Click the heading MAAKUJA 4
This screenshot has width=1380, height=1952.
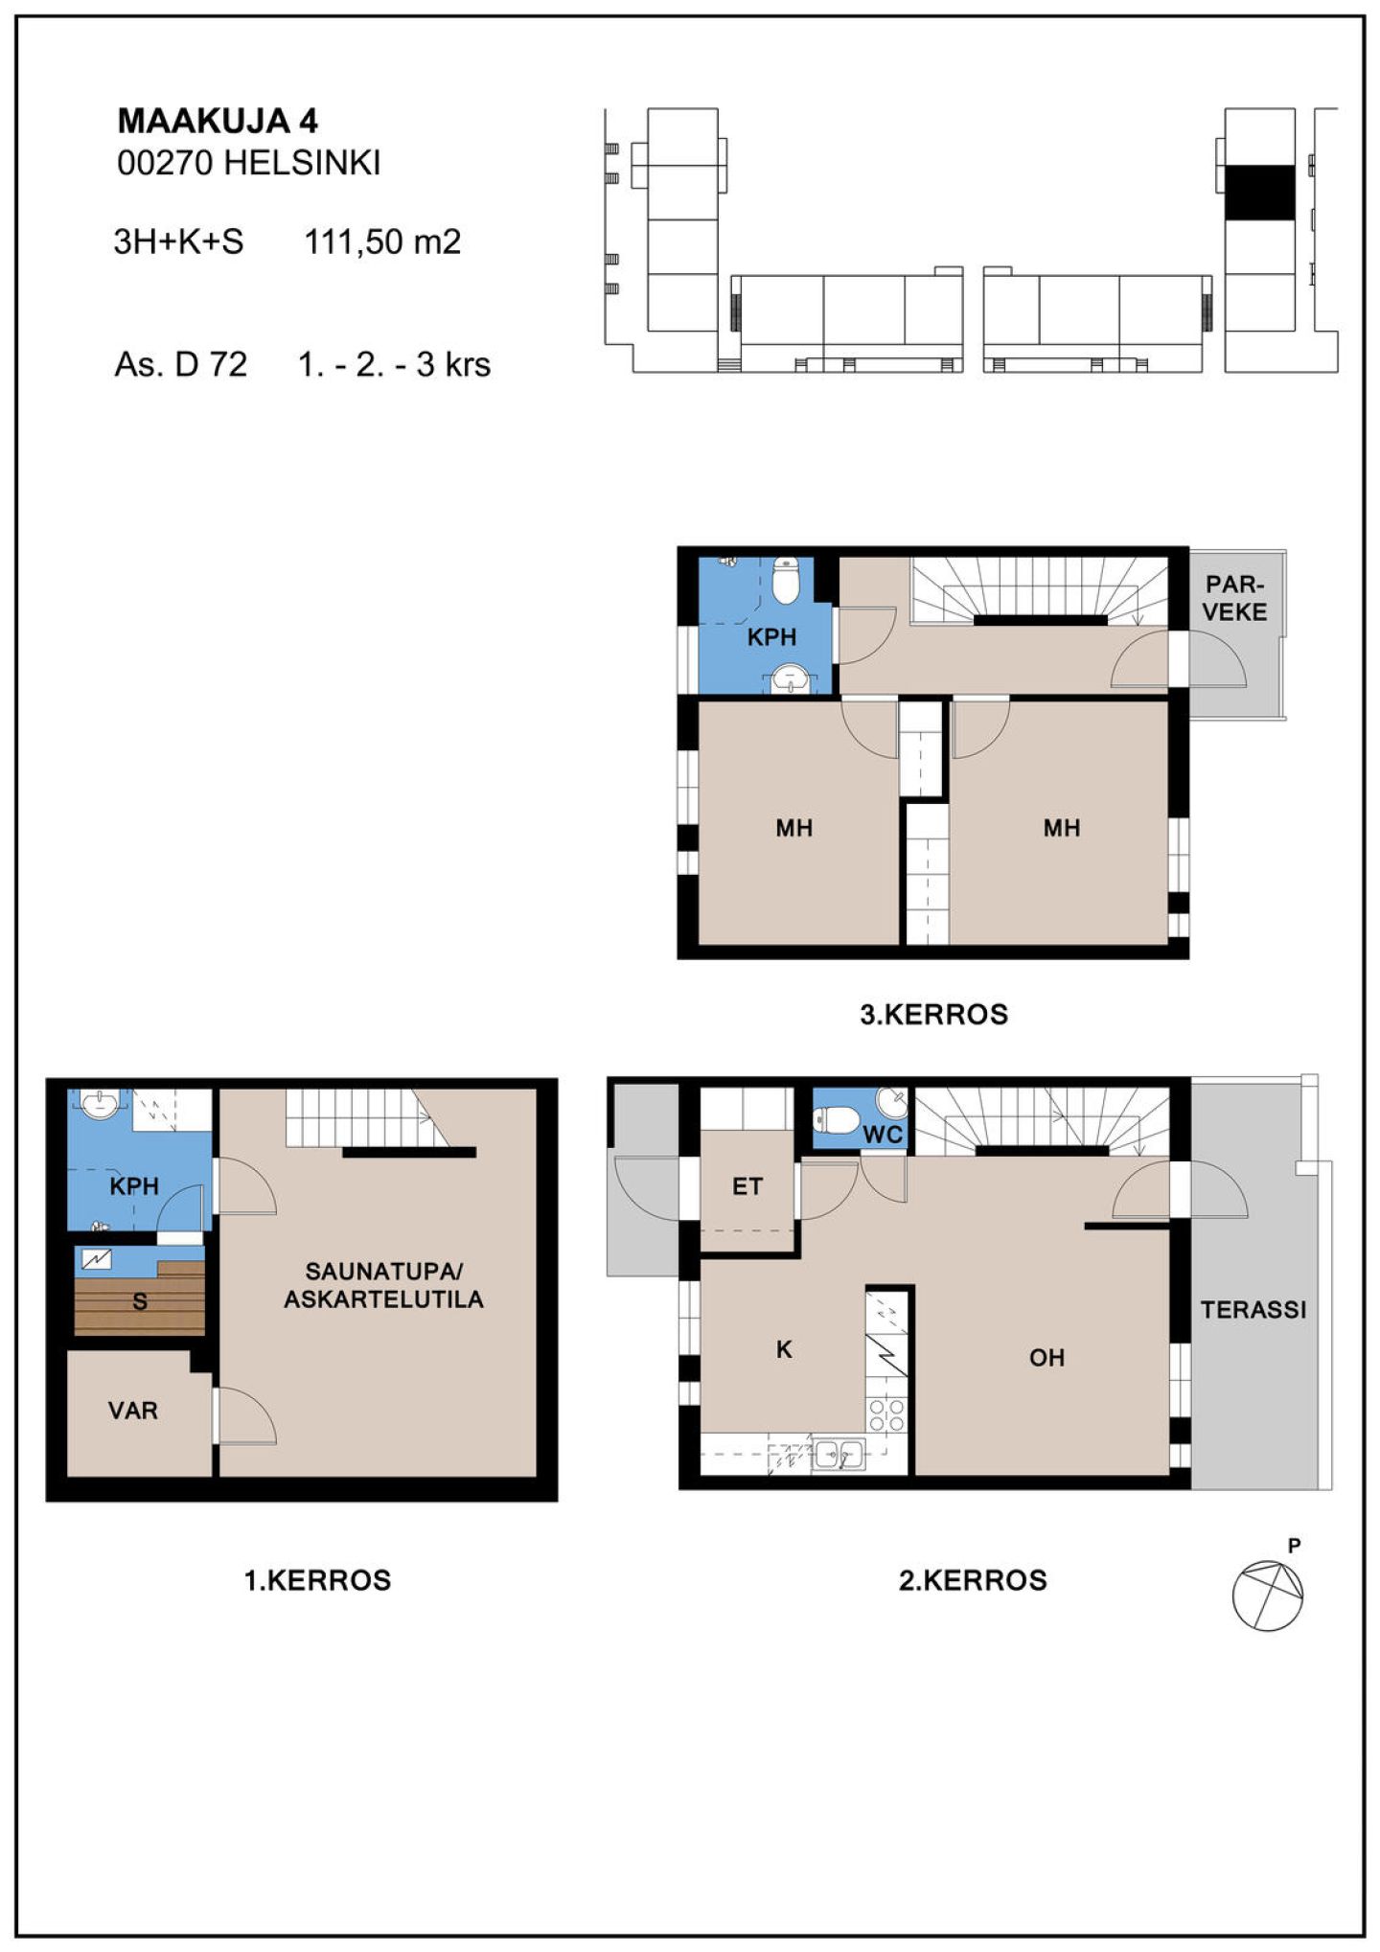(x=217, y=121)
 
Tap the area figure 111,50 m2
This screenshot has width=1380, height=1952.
(x=382, y=241)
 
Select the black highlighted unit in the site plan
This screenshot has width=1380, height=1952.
(x=1260, y=193)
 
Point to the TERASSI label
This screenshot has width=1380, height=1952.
(x=1253, y=1309)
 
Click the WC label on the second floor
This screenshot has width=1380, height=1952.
(x=883, y=1135)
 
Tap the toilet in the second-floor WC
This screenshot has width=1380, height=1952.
(x=836, y=1119)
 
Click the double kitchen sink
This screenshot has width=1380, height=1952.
(x=839, y=1455)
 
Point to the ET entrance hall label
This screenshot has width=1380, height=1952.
(x=747, y=1186)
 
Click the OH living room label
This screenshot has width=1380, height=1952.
(x=1046, y=1357)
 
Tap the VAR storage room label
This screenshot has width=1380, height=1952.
(x=132, y=1410)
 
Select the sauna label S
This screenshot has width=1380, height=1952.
(x=140, y=1301)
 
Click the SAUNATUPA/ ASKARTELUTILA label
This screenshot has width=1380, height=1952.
(x=383, y=1285)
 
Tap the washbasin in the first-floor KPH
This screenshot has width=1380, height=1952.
(x=100, y=1104)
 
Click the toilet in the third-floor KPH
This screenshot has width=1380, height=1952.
(x=786, y=580)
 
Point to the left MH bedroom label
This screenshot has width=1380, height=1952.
(x=794, y=828)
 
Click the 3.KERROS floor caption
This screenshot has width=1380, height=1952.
(x=933, y=1014)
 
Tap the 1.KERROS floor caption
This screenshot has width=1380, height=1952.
(x=318, y=1580)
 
